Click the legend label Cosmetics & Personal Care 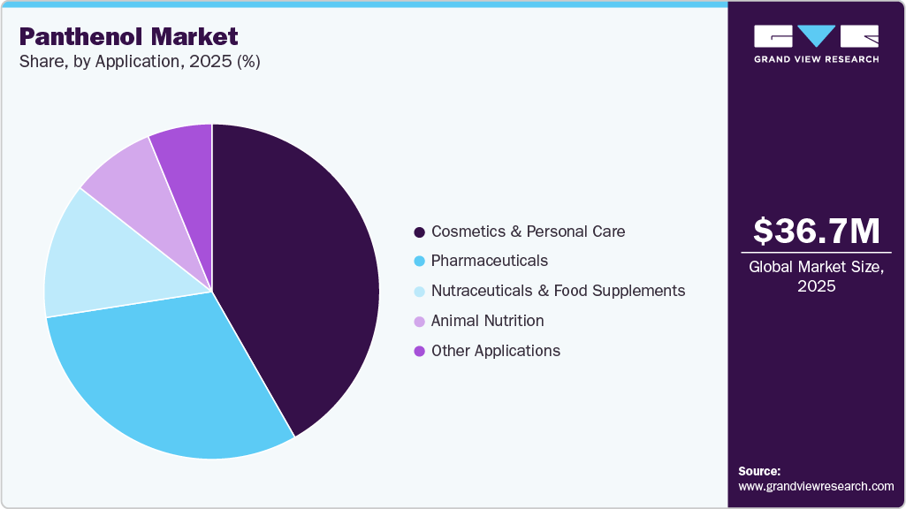click(528, 232)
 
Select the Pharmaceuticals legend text click(489, 261)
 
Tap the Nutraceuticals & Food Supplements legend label click(558, 291)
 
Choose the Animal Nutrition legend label click(487, 321)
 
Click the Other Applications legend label click(495, 351)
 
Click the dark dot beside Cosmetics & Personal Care click(419, 232)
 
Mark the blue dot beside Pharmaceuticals click(419, 262)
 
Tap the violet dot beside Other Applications click(419, 352)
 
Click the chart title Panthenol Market click(128, 36)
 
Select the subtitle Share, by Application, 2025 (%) click(139, 62)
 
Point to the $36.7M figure click(816, 232)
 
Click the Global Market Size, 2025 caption click(816, 276)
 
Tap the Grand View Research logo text click(816, 59)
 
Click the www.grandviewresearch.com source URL click(816, 486)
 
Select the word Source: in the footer click(759, 471)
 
